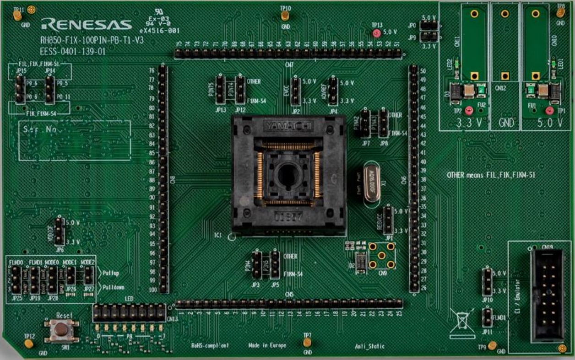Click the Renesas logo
pyautogui.click(x=86, y=25)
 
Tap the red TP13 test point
pyautogui.click(x=377, y=33)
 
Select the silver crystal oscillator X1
pyautogui.click(x=371, y=183)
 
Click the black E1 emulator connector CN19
pyautogui.click(x=547, y=296)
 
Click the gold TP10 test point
pyautogui.click(x=284, y=16)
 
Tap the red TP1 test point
pyautogui.click(x=550, y=111)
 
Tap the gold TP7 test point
pyautogui.click(x=307, y=343)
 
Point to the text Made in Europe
pyautogui.click(x=267, y=346)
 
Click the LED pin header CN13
pyautogui.click(x=129, y=313)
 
